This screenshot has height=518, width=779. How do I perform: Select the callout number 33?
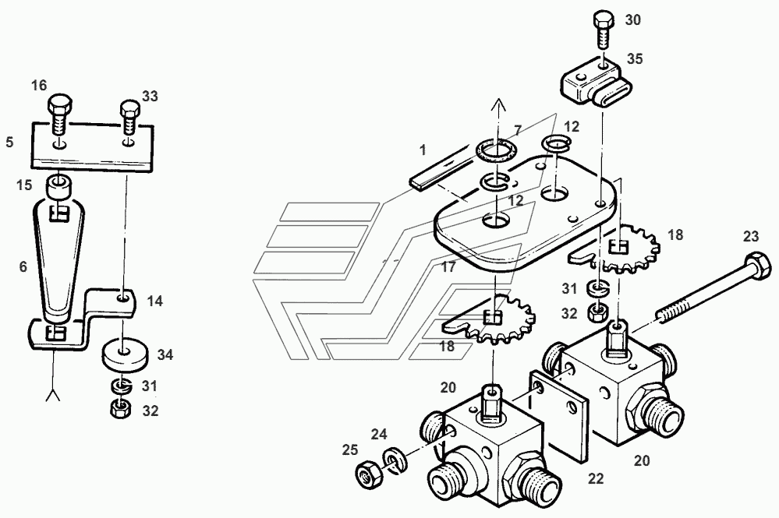[x=150, y=96]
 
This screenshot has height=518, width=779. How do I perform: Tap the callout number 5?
[x=9, y=143]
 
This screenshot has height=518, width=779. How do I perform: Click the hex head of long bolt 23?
[x=752, y=261]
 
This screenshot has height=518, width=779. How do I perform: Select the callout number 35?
[x=636, y=58]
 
